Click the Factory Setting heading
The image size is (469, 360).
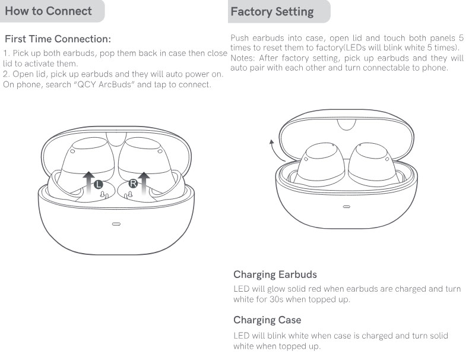272,11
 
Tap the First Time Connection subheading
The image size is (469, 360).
58,39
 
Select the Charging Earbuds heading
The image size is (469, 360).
275,274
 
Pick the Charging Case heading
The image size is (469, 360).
267,320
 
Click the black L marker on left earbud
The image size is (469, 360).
99,184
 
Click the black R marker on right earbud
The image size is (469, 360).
133,184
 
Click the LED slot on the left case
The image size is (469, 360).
116,225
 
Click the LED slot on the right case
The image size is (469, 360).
347,207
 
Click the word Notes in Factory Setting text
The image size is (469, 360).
242,58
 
